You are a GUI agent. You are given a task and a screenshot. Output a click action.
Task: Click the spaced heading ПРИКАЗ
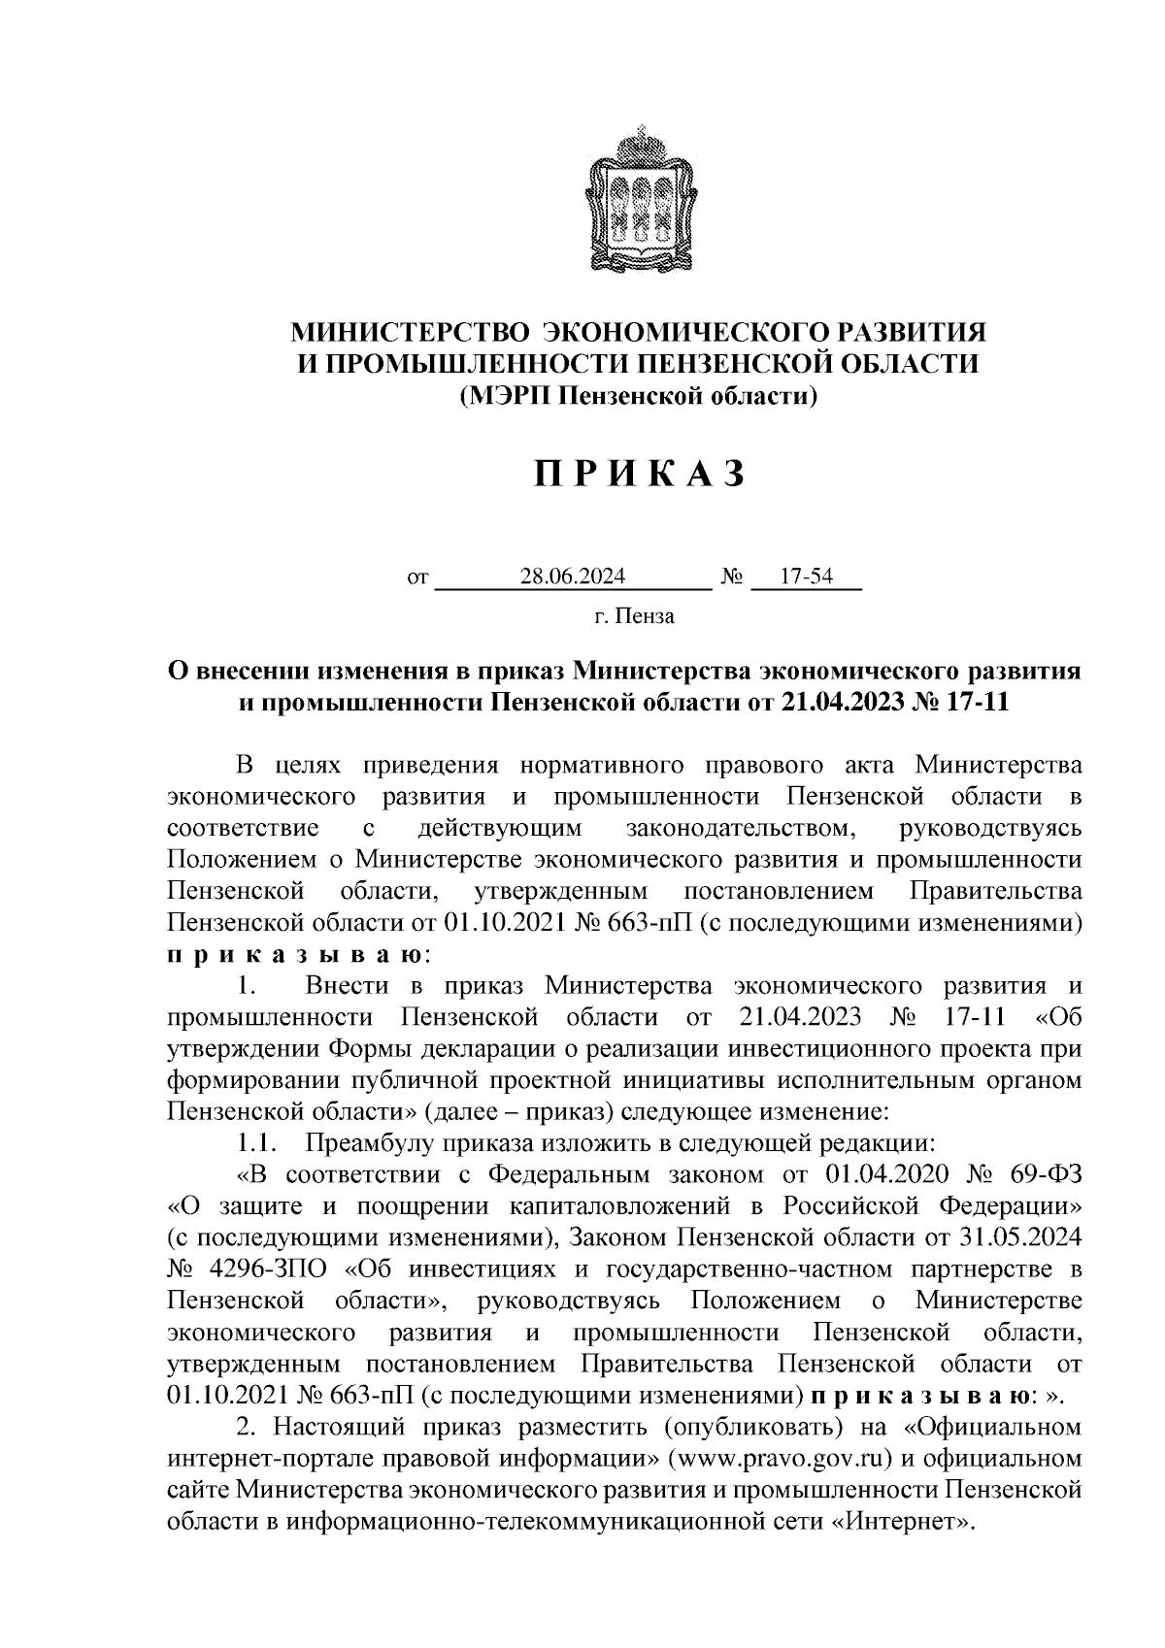pos(640,475)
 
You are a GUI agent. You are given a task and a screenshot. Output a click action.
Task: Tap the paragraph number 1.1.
pos(259,1143)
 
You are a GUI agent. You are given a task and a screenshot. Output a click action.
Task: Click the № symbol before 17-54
pos(730,577)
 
